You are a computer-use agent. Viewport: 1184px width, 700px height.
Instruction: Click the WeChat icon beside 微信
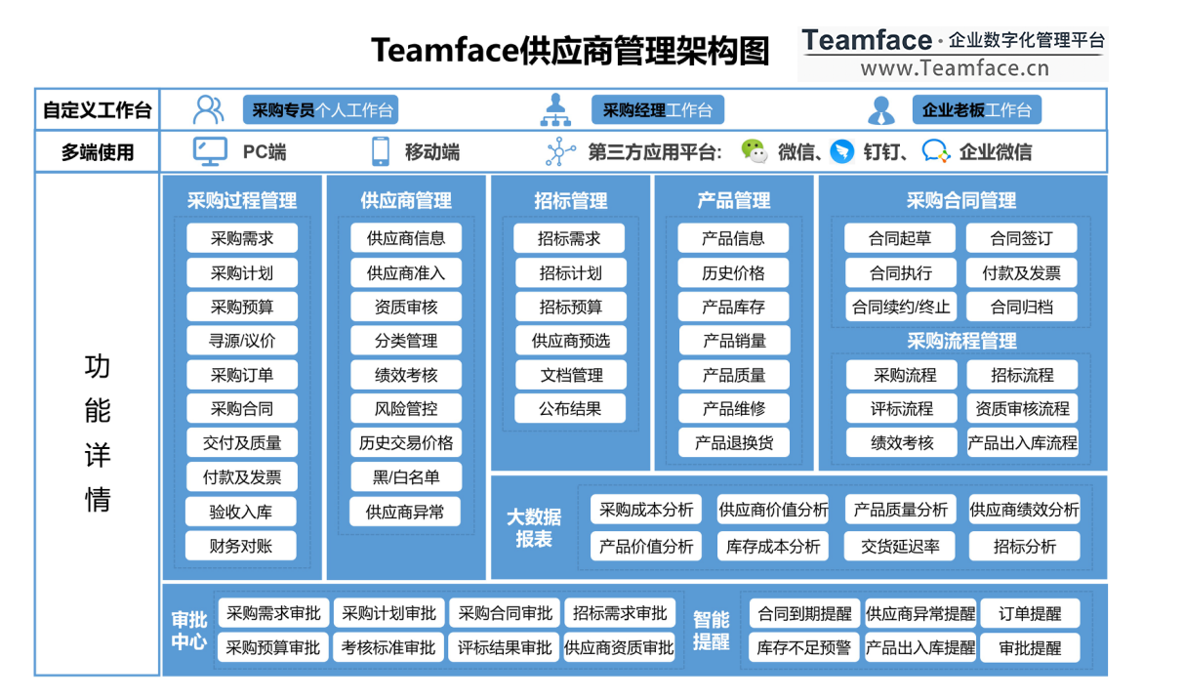pos(754,151)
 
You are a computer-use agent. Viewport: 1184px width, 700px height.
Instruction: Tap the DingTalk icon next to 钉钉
pos(841,151)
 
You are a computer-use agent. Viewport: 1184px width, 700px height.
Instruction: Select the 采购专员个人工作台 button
pos(321,110)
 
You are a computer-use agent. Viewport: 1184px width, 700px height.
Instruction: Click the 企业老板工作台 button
pos(976,110)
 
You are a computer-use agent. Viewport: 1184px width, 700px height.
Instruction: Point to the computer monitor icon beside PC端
pos(210,151)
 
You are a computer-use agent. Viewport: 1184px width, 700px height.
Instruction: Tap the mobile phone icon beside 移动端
pos(381,151)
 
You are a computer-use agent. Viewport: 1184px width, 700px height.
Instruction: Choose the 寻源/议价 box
pos(242,341)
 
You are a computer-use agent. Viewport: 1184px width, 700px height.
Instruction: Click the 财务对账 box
pos(241,546)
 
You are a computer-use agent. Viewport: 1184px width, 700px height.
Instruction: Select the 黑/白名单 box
pos(406,477)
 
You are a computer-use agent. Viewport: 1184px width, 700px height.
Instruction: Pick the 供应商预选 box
pos(571,341)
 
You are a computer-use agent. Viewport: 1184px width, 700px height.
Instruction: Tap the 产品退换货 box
pos(734,443)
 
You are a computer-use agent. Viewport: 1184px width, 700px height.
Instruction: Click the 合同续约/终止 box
pos(900,307)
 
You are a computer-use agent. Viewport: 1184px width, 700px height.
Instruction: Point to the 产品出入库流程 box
pos(1023,443)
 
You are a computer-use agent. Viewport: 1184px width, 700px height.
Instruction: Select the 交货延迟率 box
pos(900,547)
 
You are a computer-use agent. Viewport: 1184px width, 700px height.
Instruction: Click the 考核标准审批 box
pos(388,647)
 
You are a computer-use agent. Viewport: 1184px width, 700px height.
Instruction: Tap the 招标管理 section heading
pos(571,201)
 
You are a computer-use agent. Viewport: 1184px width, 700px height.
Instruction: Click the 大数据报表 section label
pos(534,528)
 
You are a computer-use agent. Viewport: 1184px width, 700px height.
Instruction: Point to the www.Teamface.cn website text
pos(954,67)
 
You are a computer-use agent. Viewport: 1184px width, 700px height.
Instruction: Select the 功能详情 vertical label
pos(98,432)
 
